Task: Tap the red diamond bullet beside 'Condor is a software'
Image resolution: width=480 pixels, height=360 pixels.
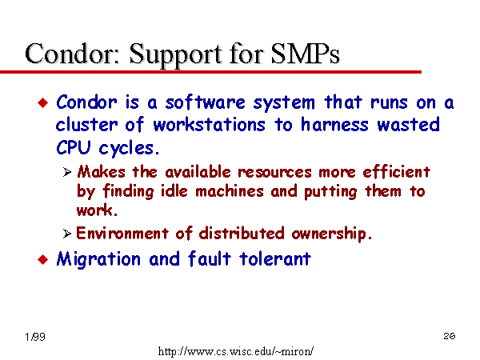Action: tap(43, 102)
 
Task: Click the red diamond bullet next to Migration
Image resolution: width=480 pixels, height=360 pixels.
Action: tap(43, 259)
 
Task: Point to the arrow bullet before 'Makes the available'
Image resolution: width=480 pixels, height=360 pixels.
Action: tap(67, 172)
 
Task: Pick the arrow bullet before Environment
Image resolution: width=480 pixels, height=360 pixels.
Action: tap(67, 234)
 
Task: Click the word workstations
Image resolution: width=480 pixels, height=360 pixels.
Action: tap(209, 125)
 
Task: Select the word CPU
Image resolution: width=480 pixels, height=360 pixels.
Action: tap(74, 147)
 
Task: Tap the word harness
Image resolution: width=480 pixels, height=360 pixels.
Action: tap(334, 125)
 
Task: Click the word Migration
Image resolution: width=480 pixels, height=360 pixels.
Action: tap(98, 259)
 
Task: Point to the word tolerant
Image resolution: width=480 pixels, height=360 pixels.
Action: tap(275, 258)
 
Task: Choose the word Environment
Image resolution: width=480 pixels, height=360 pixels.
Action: tap(122, 234)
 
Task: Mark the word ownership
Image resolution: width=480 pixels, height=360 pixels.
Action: tap(332, 234)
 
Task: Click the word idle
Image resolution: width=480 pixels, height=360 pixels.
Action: tap(174, 191)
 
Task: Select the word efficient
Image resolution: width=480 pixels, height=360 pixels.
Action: tap(397, 172)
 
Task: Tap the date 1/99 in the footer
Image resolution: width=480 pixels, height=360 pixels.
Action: tap(35, 337)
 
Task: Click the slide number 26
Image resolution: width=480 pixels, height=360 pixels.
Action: tap(450, 336)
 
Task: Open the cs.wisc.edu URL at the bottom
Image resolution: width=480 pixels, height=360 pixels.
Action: tap(236, 351)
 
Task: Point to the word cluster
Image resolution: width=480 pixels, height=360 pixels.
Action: tap(86, 125)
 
